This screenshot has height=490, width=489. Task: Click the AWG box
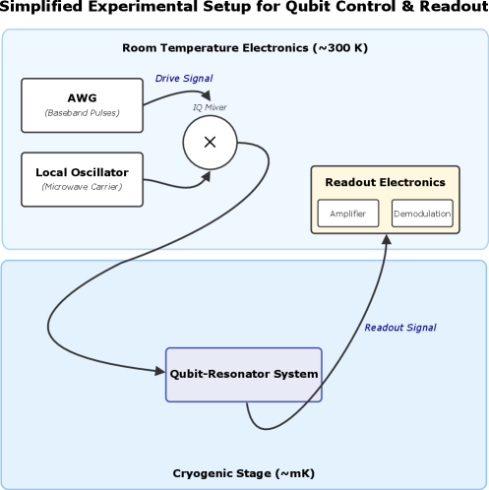coord(82,105)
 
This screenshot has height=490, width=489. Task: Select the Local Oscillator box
coord(82,179)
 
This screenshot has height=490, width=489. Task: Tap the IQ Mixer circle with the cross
coord(210,143)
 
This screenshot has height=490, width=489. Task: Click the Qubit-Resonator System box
coord(243,374)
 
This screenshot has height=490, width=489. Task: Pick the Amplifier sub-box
coord(347,214)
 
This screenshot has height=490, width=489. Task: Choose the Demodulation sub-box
coord(422,214)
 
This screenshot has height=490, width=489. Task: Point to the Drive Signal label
coord(183,79)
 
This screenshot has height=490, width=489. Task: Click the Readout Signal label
coord(399,328)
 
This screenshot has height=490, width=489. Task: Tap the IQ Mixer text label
coord(210,106)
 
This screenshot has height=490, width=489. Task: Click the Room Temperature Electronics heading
coord(244,48)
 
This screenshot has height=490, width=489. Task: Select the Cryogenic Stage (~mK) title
coord(244,473)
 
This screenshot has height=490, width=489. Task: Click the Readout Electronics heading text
coord(385,182)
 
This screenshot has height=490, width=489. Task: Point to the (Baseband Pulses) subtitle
coord(82,113)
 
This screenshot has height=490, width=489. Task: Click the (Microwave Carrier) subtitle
coord(82,187)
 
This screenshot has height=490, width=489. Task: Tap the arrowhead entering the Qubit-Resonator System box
coord(160,371)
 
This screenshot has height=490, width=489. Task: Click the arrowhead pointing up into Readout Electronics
coord(385,239)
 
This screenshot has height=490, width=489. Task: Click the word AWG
coord(82,97)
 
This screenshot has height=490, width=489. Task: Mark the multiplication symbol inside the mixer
coord(210,143)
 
